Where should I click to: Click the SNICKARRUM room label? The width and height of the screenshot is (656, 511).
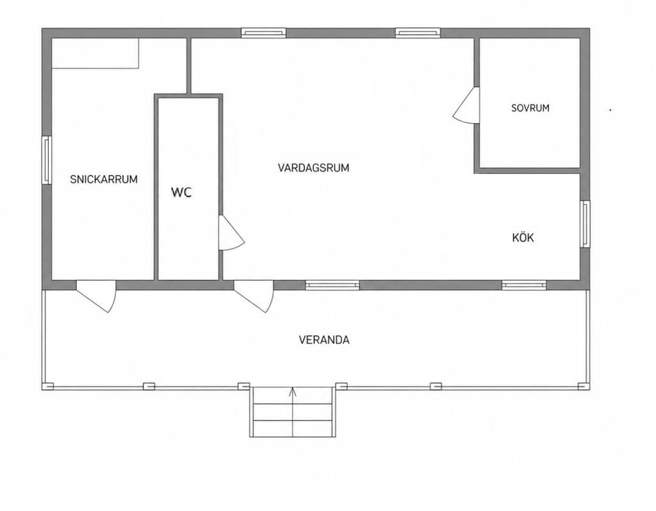(x=104, y=180)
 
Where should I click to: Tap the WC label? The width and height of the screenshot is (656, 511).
(x=181, y=193)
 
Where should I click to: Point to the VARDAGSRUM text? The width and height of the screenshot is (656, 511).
(x=313, y=168)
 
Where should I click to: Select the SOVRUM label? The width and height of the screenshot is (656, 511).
(x=530, y=108)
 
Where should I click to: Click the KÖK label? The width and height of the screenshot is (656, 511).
(x=523, y=237)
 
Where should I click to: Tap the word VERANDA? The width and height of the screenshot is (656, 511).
(x=324, y=340)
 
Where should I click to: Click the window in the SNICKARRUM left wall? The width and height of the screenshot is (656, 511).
(x=47, y=160)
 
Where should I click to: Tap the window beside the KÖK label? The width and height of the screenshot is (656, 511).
(x=586, y=224)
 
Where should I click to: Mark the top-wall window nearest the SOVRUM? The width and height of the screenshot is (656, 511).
(x=418, y=33)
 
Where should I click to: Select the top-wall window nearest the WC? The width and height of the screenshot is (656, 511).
(x=263, y=33)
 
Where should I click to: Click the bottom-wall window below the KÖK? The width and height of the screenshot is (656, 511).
(x=524, y=285)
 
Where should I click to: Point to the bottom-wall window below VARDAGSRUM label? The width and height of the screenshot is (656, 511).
(x=332, y=285)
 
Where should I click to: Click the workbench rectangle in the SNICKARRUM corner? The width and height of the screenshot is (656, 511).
(x=95, y=53)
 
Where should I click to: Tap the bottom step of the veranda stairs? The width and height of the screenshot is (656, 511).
(x=293, y=428)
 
